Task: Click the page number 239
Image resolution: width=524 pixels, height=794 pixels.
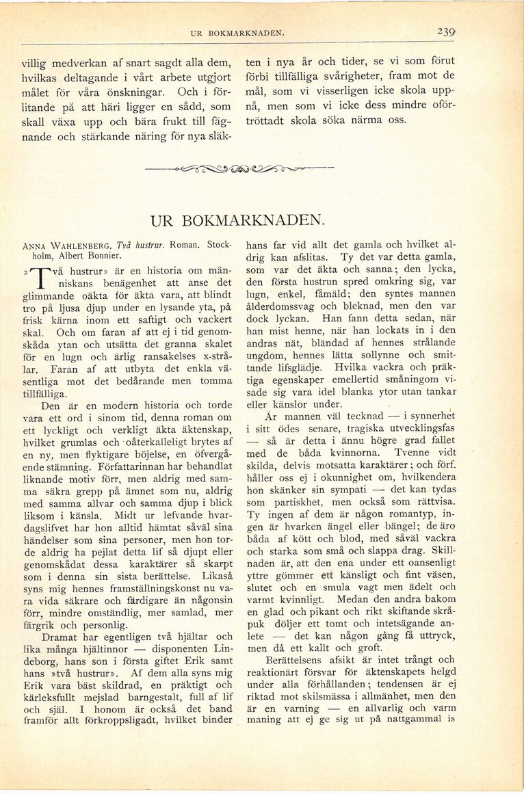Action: tap(446, 32)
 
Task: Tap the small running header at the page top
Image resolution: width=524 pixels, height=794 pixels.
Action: tap(237, 33)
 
